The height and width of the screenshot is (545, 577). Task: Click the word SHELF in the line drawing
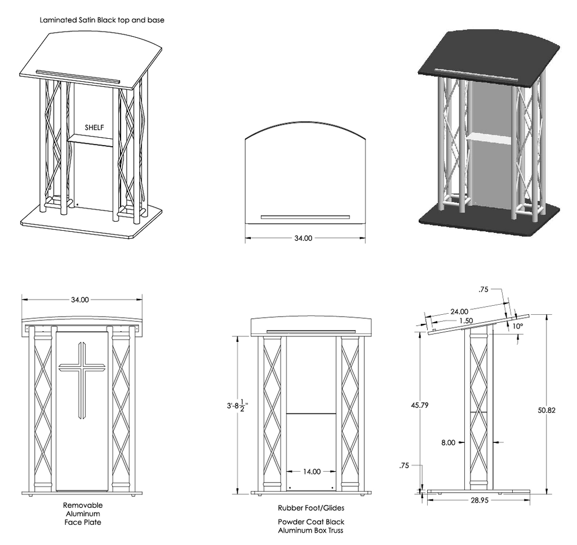[x=95, y=128]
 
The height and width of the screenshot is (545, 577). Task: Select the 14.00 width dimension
[x=312, y=471]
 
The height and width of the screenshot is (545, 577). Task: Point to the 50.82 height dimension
[x=546, y=410]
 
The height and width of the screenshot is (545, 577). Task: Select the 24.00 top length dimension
[x=459, y=311]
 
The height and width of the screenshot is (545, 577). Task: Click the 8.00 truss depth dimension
[x=448, y=442]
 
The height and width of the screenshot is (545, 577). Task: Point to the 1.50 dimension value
[x=465, y=320]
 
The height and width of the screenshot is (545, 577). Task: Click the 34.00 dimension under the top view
[x=303, y=238]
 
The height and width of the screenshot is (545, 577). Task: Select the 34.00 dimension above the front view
[x=79, y=300]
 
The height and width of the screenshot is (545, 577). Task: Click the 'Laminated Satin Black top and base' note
[x=102, y=20]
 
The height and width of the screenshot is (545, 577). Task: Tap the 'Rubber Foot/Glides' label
[x=311, y=508]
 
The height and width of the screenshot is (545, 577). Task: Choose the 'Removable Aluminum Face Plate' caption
[x=82, y=513]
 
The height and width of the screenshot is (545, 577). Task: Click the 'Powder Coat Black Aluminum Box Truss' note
[x=311, y=526]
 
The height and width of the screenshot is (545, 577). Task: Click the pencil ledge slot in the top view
[x=305, y=217]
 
